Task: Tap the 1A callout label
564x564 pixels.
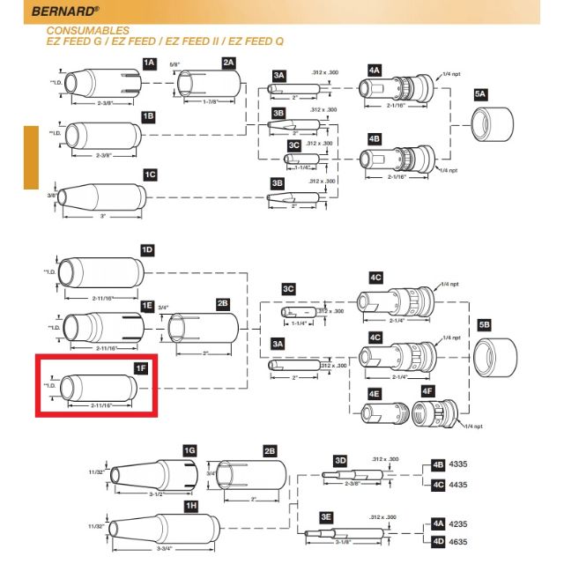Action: point(149,63)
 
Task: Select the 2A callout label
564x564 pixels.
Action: point(228,63)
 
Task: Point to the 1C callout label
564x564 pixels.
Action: point(150,174)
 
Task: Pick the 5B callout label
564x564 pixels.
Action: point(484,324)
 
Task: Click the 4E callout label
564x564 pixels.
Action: point(374,392)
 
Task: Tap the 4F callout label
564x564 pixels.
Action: point(427,391)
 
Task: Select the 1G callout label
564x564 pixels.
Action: point(189,450)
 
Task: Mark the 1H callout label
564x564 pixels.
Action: point(189,504)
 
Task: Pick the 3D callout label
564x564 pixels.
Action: point(340,460)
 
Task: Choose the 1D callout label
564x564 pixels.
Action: point(148,250)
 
